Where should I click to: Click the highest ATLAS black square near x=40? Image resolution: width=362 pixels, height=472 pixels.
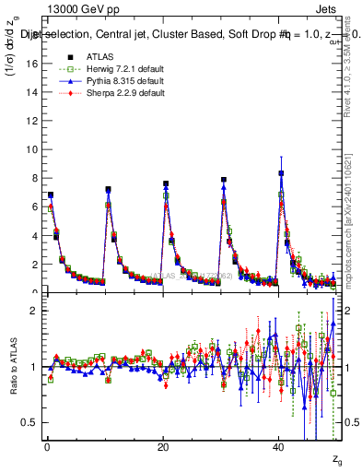click(281, 173)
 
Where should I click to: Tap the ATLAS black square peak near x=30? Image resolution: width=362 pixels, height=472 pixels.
click(224, 180)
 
